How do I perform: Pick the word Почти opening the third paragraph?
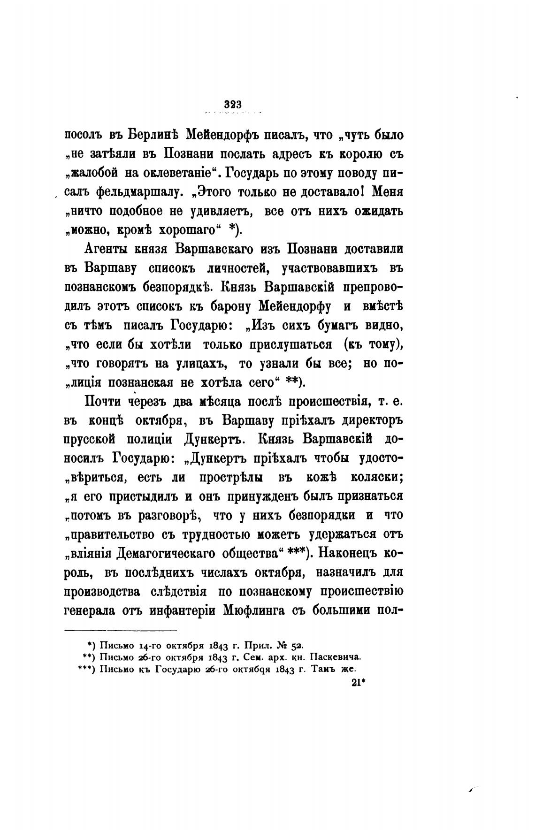point(107,402)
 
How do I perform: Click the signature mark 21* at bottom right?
point(357,683)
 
